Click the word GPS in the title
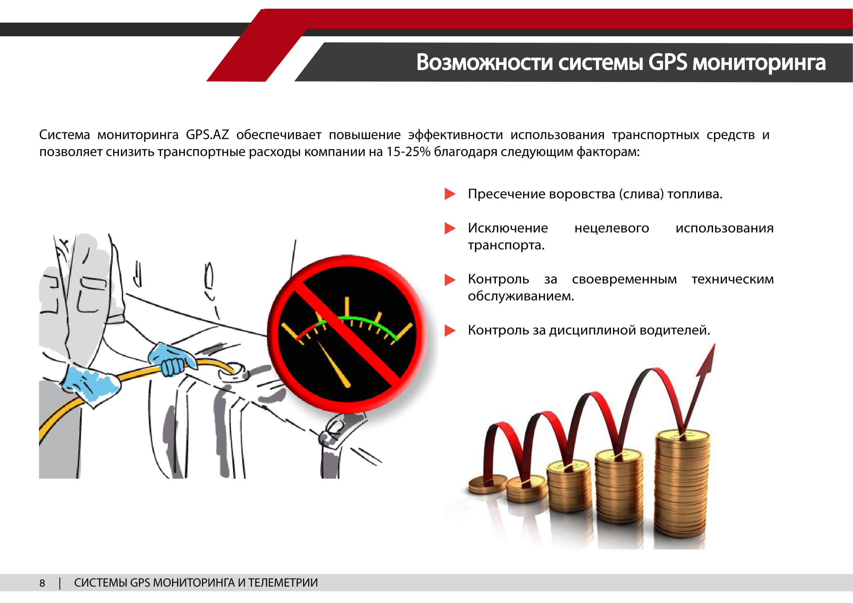pyautogui.click(x=668, y=62)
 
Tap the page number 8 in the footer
pyautogui.click(x=42, y=583)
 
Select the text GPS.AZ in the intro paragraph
pyautogui.click(x=207, y=135)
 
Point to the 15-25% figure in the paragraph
pyautogui.click(x=408, y=152)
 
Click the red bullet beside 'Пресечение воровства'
pyautogui.click(x=450, y=194)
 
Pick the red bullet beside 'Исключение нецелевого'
pyautogui.click(x=450, y=228)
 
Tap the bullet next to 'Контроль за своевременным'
pyautogui.click(x=450, y=280)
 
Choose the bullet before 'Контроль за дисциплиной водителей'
pyautogui.click(x=450, y=330)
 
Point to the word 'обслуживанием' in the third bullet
pyautogui.click(x=521, y=296)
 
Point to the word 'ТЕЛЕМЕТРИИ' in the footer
pyautogui.click(x=283, y=583)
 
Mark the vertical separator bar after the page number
pyautogui.click(x=60, y=583)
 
